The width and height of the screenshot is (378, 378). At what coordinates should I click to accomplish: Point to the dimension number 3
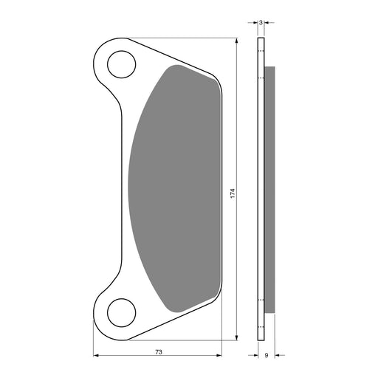[x=261, y=23]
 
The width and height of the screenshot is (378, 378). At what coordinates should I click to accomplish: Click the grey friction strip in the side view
[x=269, y=189]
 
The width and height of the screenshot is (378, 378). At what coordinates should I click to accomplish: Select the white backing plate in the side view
[x=261, y=189]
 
